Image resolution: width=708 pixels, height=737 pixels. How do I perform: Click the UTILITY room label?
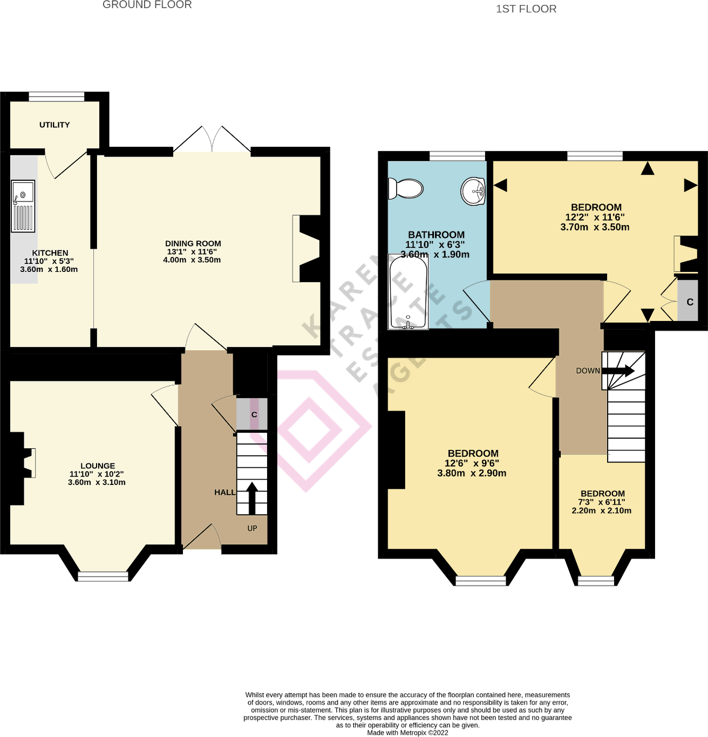click(55, 125)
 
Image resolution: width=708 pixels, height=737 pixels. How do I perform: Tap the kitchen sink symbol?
click(23, 206)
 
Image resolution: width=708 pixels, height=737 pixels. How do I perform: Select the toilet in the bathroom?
click(405, 189)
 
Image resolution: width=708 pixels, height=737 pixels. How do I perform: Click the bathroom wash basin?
click(474, 190)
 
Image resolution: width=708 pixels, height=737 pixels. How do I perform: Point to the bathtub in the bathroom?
click(408, 291)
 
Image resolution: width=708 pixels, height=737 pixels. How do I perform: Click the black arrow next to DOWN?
click(618, 371)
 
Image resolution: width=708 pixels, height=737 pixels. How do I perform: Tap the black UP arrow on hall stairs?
click(251, 497)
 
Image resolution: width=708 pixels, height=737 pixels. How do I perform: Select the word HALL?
click(224, 492)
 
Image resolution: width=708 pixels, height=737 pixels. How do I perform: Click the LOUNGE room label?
click(98, 466)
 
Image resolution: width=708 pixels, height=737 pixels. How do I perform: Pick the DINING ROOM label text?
click(193, 243)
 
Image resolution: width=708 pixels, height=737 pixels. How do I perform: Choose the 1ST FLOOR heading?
click(526, 9)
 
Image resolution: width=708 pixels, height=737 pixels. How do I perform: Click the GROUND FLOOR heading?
click(147, 5)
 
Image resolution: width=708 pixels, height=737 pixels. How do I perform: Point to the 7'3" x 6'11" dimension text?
click(602, 502)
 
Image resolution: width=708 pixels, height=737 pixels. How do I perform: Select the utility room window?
click(57, 97)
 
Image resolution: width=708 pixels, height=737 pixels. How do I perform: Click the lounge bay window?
click(103, 576)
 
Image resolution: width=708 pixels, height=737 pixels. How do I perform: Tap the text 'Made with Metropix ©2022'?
click(407, 733)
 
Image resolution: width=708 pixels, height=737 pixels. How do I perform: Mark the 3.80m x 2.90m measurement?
click(472, 473)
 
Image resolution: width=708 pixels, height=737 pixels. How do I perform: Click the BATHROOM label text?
click(436, 235)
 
